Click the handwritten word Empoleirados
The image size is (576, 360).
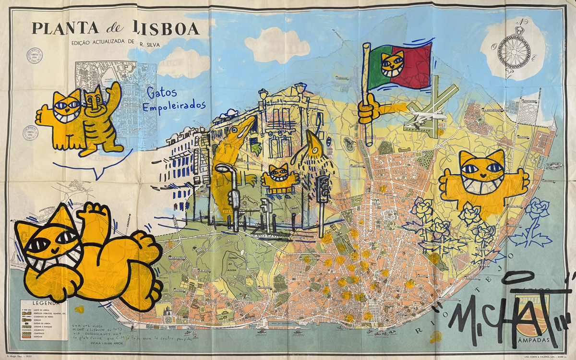pyautogui.click(x=174, y=106)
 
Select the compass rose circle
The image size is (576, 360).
pyautogui.click(x=514, y=51)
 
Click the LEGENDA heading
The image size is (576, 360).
pyautogui.click(x=46, y=303)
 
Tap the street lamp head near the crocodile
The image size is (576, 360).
pyautogui.click(x=224, y=168)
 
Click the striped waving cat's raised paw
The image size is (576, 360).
pyautogui.click(x=114, y=91)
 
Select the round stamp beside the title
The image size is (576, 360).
pyautogui.click(x=35, y=56)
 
